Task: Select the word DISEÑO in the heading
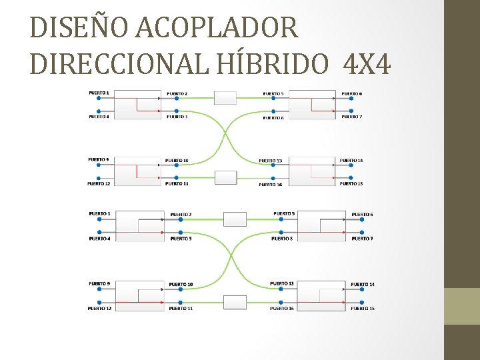click(81, 27)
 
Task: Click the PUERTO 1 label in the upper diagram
click(99, 92)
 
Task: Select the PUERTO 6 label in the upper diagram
click(352, 93)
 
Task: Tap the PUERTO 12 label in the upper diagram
click(99, 183)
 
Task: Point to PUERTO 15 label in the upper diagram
click(351, 183)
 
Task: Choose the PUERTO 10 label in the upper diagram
click(177, 160)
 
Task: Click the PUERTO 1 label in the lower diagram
click(99, 213)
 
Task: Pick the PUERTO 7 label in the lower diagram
click(363, 238)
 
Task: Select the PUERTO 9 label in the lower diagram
click(99, 284)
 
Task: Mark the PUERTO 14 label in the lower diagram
click(363, 285)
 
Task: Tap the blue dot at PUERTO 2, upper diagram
click(176, 99)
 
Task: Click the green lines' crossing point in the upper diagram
click(225, 138)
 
